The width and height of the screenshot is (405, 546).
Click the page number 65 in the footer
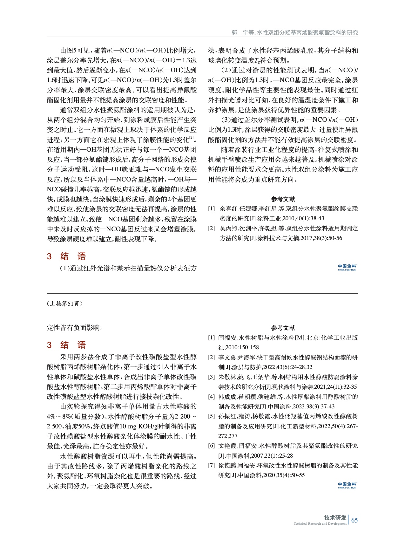pos(354,520)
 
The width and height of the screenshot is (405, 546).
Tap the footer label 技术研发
pos(335,517)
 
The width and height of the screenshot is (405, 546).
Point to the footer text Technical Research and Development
pos(320,523)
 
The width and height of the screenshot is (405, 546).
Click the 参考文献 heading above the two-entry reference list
pos(283,199)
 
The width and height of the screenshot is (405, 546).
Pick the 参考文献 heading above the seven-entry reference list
pos(283,328)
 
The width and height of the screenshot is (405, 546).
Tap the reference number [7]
pos(212,465)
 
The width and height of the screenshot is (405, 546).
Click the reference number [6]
pos(212,446)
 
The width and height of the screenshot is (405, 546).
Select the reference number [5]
pos(212,416)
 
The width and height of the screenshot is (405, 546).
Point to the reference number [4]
pos(212,396)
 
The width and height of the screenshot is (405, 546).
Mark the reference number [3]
pos(212,377)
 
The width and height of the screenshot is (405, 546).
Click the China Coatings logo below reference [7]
pos(347,485)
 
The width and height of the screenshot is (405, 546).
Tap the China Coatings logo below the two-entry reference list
pos(347,267)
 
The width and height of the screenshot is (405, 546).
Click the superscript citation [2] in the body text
pos(192,138)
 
